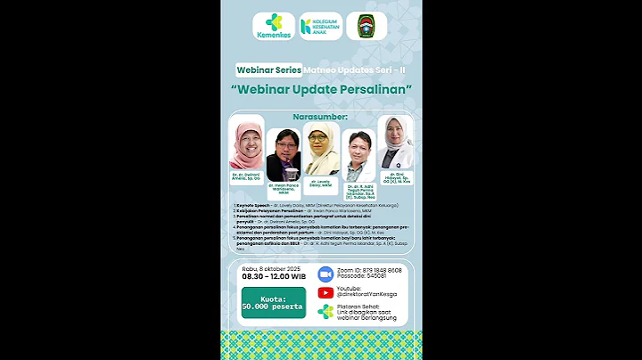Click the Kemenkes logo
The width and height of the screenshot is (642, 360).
point(274,27)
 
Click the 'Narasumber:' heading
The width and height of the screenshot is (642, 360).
point(320,117)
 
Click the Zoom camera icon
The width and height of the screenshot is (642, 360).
point(325,273)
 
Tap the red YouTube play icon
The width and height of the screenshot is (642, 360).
point(325,292)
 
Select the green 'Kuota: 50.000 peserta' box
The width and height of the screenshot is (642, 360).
point(272,303)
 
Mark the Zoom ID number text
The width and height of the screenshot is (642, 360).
point(370,269)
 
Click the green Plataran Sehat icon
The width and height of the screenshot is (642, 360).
point(325,312)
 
